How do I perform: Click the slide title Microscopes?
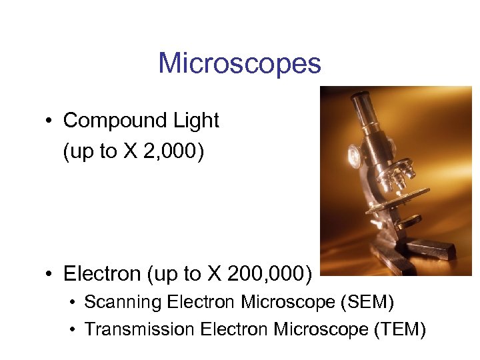239,64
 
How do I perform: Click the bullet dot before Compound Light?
49,121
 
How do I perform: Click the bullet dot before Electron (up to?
49,274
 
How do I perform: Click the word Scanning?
123,303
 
